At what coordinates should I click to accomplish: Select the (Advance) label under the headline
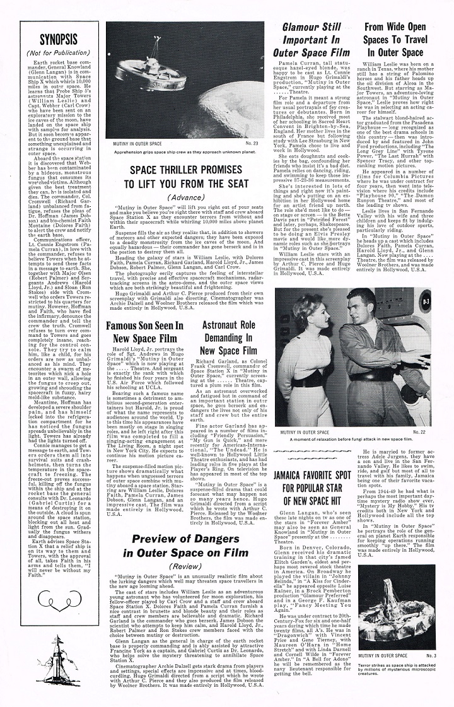pyautogui.click(x=187, y=196)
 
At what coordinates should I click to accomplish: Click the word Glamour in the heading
pyautogui.click(x=300, y=27)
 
